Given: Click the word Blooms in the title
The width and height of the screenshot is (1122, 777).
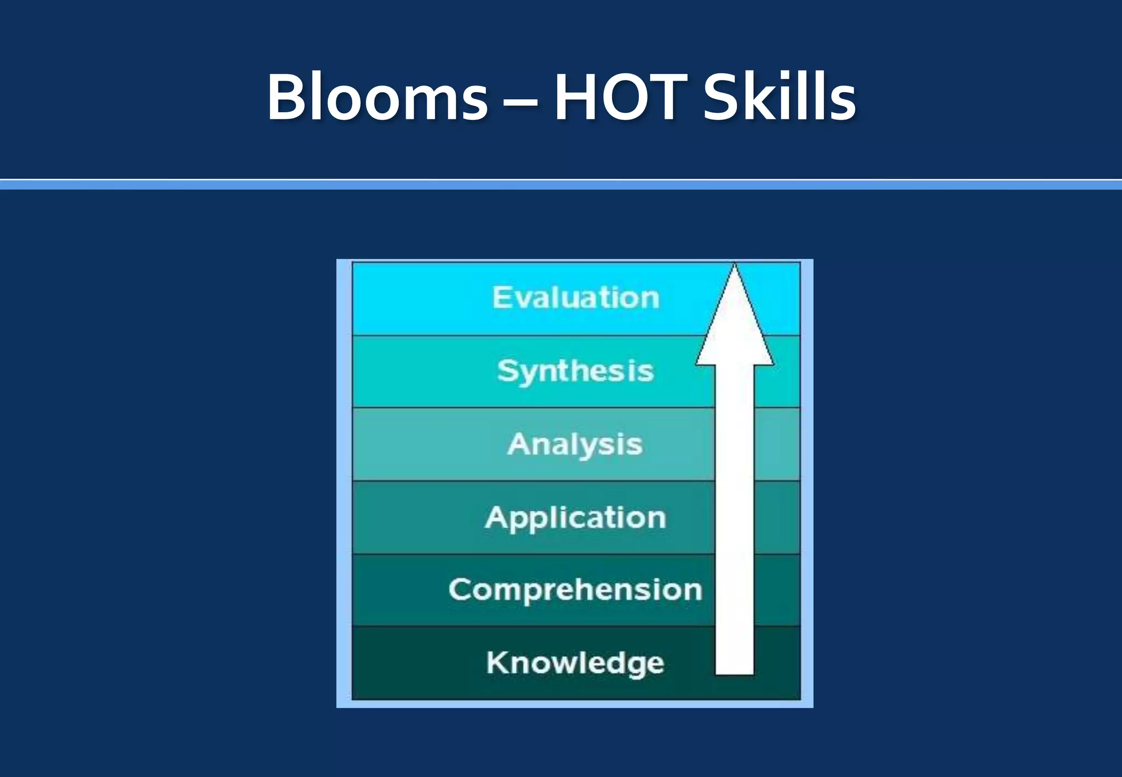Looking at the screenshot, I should (x=377, y=98).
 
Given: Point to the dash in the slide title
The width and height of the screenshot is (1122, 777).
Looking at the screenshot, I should (x=520, y=102).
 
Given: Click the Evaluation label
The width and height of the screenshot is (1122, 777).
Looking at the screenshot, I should (x=575, y=298).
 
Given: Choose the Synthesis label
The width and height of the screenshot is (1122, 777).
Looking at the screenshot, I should (x=575, y=372).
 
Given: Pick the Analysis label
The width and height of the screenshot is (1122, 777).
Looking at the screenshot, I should (x=575, y=444).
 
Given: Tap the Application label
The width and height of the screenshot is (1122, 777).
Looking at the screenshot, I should (x=575, y=518).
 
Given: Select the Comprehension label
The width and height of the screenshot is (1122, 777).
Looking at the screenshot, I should (x=575, y=590).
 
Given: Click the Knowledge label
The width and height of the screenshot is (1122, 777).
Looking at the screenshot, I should (x=575, y=663).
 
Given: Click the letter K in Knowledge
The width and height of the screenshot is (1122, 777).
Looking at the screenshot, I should (x=497, y=662).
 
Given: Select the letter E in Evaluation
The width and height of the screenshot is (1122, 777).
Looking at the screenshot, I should (x=501, y=297).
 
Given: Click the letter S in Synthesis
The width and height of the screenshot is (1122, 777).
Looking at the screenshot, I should (x=507, y=370).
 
